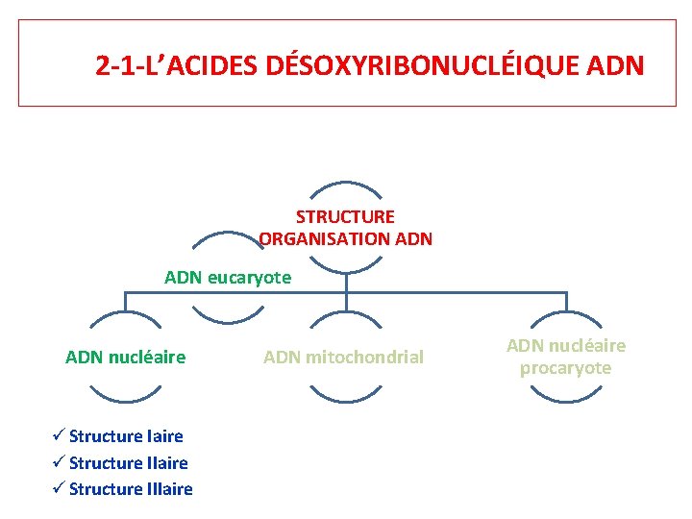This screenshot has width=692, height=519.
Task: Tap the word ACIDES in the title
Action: tap(214, 66)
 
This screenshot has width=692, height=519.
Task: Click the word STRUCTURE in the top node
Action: tap(345, 217)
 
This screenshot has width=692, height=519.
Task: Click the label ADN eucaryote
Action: tap(228, 278)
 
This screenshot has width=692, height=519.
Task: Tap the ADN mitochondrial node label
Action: tap(343, 358)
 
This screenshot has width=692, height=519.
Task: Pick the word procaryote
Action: tap(565, 368)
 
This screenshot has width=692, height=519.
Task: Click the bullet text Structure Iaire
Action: tap(126, 436)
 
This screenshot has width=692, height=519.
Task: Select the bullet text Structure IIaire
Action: tap(128, 462)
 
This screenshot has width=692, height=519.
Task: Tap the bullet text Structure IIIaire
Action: tap(131, 489)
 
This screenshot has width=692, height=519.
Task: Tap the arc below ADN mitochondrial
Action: tap(345, 395)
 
